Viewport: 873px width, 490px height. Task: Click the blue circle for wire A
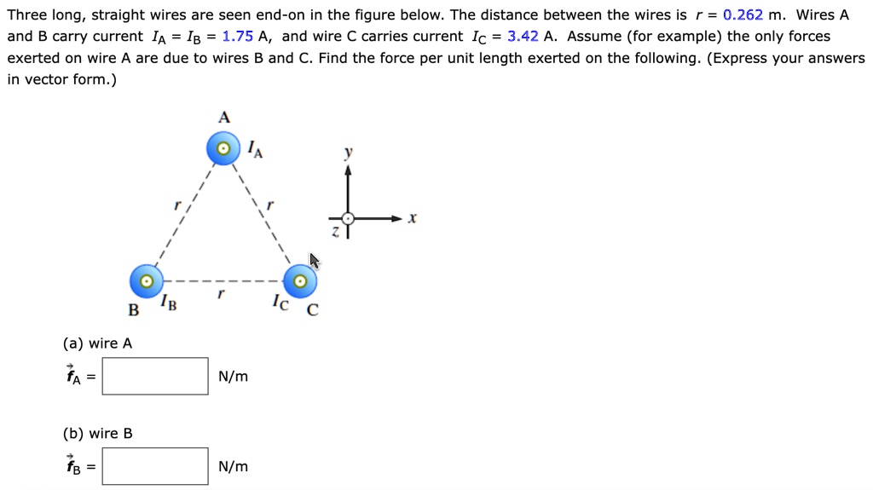click(223, 148)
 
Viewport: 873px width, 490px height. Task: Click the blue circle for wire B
click(147, 281)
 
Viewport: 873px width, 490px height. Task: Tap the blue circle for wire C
click(300, 281)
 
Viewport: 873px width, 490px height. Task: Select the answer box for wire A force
click(155, 377)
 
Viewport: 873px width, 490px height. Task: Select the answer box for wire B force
click(155, 467)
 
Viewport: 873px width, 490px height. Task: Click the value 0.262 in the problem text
click(743, 15)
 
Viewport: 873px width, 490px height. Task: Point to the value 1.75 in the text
click(238, 37)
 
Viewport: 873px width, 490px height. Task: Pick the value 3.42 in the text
click(523, 37)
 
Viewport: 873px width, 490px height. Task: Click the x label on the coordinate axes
click(412, 218)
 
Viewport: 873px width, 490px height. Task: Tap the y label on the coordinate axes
click(349, 152)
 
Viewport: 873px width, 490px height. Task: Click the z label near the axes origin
click(335, 232)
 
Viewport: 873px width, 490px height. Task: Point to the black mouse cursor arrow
click(315, 261)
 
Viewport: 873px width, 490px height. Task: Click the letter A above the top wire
click(224, 118)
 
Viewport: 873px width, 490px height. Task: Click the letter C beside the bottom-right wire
click(313, 309)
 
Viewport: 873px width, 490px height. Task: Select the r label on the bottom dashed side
click(221, 293)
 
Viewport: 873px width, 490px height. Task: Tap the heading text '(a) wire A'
click(97, 343)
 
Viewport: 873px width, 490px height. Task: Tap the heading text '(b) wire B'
click(97, 434)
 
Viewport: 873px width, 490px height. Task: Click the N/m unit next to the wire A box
click(234, 377)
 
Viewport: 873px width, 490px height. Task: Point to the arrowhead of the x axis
click(396, 218)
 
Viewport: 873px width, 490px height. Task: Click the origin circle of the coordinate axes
click(348, 219)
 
